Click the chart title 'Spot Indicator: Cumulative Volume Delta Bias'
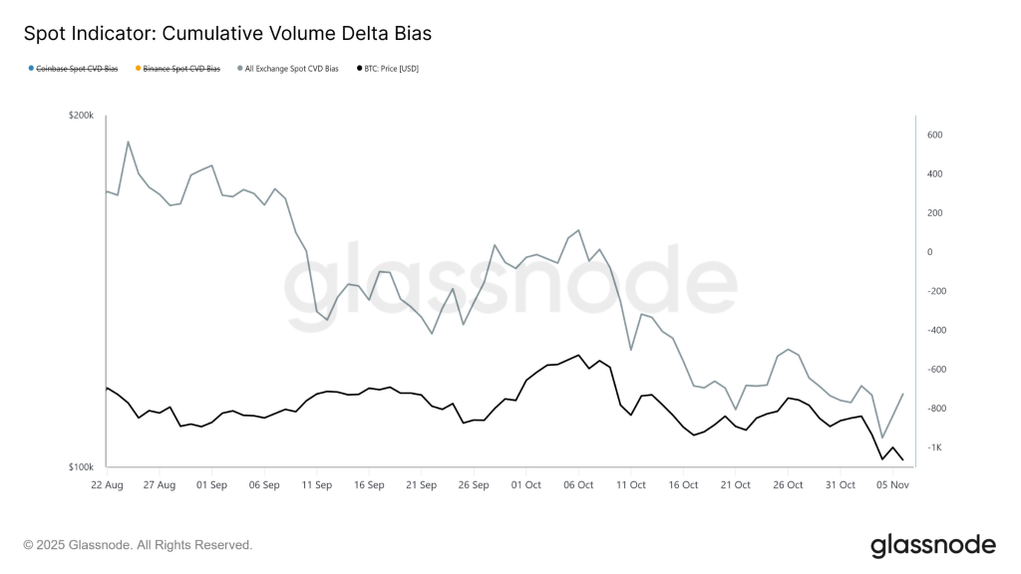point(227,34)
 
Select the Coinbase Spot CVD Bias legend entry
point(77,69)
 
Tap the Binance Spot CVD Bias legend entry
point(180,69)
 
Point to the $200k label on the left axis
point(81,116)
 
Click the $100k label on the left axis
point(81,467)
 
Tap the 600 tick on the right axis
point(935,135)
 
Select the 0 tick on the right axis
point(930,252)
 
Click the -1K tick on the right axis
point(934,447)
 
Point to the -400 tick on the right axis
point(936,330)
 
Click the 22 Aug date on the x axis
point(107,485)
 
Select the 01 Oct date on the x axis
point(526,485)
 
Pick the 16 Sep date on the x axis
point(369,485)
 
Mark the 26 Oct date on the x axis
point(789,485)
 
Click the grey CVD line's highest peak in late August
point(128,142)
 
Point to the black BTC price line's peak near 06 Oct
point(578,355)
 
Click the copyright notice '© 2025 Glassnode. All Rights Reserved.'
point(138,545)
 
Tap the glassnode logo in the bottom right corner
point(932,545)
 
